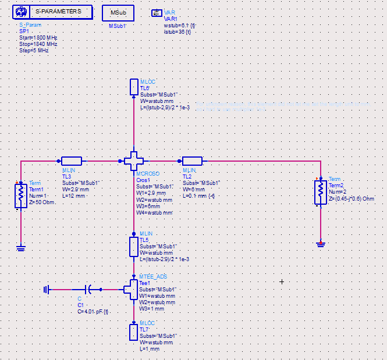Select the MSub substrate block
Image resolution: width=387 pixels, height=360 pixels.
tap(118, 13)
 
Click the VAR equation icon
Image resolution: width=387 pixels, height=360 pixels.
tap(156, 13)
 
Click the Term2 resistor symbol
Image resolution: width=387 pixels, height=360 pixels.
tap(320, 190)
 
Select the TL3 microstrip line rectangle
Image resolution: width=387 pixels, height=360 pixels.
tap(73, 161)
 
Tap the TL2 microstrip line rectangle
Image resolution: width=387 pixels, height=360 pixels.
tap(192, 161)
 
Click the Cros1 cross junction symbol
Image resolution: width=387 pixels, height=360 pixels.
tap(134, 161)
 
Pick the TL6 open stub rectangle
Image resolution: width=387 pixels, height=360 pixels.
tap(134, 87)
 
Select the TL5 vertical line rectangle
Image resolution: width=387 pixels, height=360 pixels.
tap(134, 246)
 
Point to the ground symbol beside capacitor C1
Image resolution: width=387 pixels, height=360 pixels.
tap(47, 288)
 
